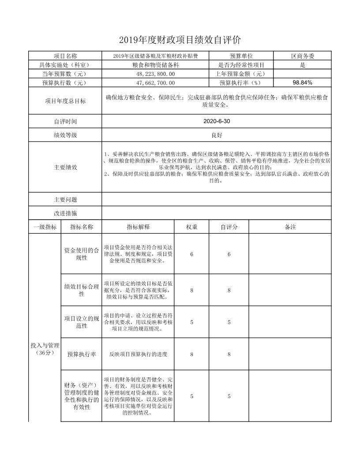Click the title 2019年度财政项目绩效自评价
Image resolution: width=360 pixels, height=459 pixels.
180,40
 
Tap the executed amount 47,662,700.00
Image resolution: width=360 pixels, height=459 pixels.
155,82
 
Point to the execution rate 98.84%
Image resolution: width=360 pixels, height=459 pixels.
302,82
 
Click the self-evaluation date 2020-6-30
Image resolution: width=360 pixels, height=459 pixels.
216,121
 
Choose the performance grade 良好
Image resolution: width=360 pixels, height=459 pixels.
216,135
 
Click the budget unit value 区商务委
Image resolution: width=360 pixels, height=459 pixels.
302,56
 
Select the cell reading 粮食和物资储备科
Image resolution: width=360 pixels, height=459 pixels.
155,65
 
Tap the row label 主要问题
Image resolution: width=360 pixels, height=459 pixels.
65,200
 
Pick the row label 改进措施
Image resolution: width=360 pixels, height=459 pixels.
65,213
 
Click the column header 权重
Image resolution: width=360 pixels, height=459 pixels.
191,227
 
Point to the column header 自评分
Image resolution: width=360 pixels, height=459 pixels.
229,227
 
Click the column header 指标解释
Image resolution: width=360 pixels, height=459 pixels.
138,227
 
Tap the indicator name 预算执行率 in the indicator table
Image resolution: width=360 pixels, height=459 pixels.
82,354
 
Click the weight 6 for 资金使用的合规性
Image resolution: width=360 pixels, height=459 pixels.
191,254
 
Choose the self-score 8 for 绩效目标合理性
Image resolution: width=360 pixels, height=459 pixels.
229,290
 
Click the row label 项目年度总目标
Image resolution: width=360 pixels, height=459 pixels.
65,101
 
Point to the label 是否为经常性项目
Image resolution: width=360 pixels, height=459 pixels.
241,65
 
